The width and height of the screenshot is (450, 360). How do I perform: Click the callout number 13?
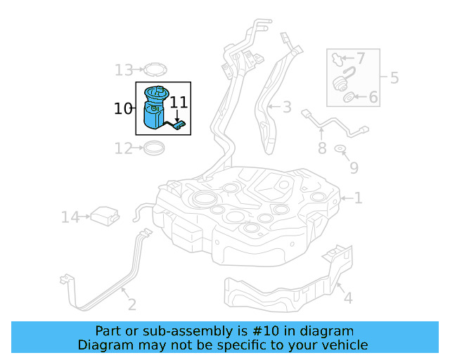(124, 70)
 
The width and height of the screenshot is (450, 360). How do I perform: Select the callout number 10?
(123, 109)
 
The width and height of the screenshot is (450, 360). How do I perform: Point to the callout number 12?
(124, 148)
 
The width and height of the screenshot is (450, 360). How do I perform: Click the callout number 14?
(70, 217)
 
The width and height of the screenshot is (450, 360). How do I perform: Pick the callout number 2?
(131, 304)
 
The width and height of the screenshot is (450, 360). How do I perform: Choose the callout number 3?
(287, 108)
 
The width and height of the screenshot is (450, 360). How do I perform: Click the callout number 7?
(361, 58)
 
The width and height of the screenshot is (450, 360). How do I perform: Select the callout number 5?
(394, 77)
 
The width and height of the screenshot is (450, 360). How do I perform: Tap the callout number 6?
(373, 97)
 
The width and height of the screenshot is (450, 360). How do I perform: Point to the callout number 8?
(322, 148)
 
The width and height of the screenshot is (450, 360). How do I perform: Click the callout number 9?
(354, 168)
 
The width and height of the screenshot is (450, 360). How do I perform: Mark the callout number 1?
(359, 199)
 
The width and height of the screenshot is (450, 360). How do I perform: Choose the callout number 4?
(347, 299)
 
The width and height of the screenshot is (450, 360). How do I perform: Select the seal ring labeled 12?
(153, 148)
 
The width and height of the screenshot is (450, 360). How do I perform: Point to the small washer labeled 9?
(340, 149)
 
